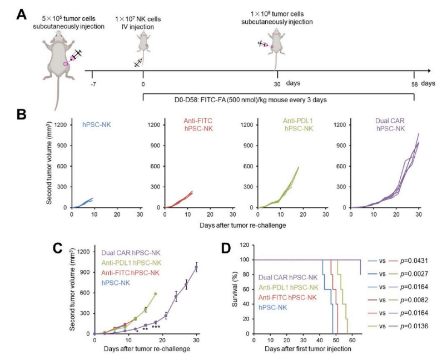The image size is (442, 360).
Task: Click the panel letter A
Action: point(22,14)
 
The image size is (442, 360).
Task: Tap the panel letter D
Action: point(226,248)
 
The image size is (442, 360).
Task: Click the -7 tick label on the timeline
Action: point(93,84)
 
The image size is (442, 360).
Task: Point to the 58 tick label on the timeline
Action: point(414,84)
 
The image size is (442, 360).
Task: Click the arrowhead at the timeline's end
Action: point(429,71)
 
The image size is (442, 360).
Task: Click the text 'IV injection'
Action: point(137,27)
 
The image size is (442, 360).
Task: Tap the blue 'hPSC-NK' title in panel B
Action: point(97,124)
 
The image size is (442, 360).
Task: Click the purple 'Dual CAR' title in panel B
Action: point(390,121)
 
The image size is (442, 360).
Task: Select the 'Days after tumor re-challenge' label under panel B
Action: point(243,226)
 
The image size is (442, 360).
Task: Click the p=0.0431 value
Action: point(414,261)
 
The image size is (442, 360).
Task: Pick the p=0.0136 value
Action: point(414,326)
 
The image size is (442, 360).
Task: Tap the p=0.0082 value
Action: point(414,300)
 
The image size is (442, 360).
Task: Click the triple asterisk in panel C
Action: point(156,327)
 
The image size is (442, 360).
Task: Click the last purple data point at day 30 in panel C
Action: point(196,267)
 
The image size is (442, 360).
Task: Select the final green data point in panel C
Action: point(155,294)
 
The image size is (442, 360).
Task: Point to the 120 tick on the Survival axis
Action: point(245,245)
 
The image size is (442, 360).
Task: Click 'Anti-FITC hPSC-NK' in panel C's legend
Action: point(130,273)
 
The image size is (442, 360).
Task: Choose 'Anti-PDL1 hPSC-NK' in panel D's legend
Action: point(289,287)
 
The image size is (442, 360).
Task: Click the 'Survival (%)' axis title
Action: point(235,289)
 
